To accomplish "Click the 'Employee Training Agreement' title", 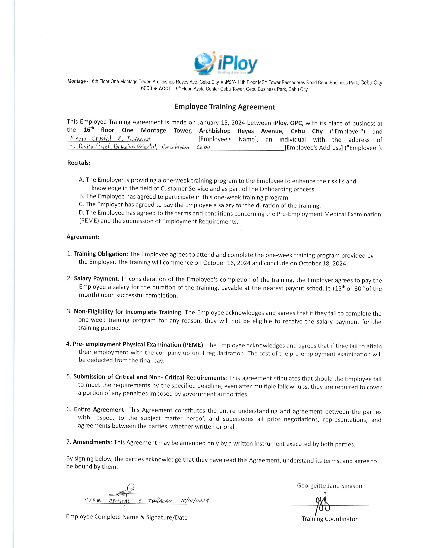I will point(225,107).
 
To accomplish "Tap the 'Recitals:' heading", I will point(79,163).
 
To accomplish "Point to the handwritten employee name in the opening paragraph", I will point(110,138).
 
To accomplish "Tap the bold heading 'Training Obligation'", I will point(100,254).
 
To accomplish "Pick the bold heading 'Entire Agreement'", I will point(99,410).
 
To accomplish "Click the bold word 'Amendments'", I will point(92,442).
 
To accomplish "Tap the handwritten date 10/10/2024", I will point(195,501).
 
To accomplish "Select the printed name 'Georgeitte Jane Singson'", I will point(329,486).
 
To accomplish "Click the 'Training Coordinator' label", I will point(329,519).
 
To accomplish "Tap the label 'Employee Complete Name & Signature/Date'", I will point(127,517).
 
